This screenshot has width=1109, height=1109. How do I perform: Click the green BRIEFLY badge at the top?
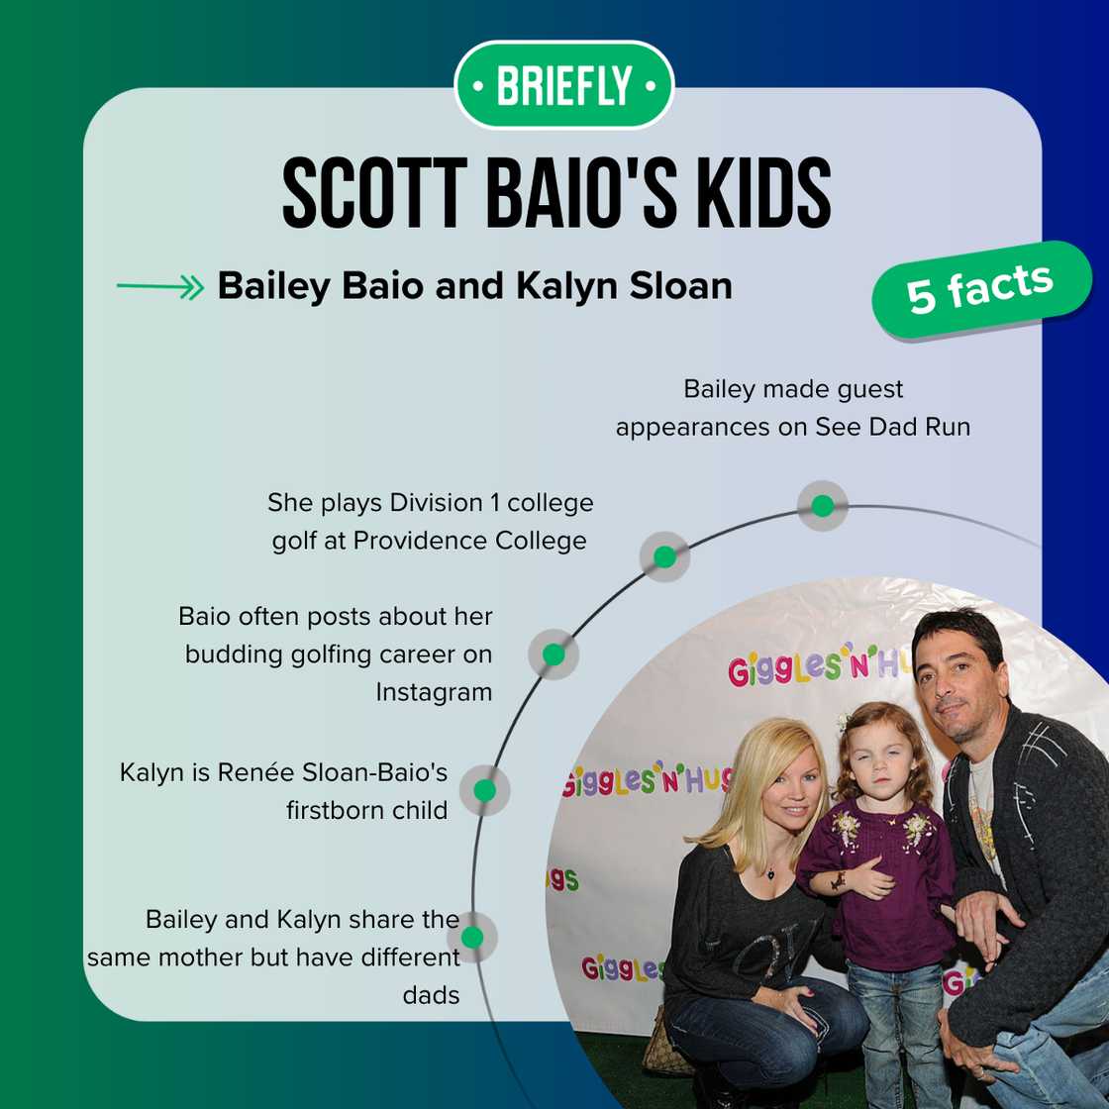tap(563, 85)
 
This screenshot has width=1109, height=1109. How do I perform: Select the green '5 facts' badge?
tap(979, 289)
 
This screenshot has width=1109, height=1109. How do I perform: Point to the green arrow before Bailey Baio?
tap(159, 288)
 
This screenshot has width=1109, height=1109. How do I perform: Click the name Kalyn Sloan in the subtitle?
tap(624, 286)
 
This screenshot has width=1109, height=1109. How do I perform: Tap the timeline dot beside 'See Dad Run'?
tap(822, 506)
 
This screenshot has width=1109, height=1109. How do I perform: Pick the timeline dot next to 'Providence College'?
tap(664, 556)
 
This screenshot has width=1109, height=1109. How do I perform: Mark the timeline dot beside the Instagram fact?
tap(554, 655)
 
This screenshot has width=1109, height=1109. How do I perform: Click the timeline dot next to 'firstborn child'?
tap(484, 790)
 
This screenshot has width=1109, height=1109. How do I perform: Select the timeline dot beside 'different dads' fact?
tap(472, 937)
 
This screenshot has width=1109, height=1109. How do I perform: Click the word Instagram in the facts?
tap(433, 692)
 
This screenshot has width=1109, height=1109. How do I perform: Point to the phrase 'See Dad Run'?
tap(892, 427)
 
